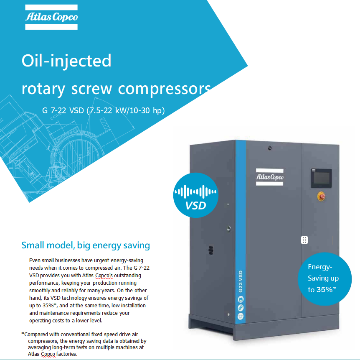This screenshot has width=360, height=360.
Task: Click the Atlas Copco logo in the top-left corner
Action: [x=51, y=17]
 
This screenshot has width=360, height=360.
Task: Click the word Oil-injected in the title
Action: [x=66, y=61]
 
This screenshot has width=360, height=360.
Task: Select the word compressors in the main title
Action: [x=165, y=89]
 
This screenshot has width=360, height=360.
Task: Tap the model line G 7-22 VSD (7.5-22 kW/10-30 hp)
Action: [x=103, y=110]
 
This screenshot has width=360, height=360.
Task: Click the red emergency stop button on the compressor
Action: [x=321, y=197]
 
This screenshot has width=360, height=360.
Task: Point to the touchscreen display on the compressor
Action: [x=321, y=178]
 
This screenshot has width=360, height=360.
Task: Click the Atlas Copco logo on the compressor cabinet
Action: [x=269, y=177]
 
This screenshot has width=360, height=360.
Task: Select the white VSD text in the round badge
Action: [x=195, y=206]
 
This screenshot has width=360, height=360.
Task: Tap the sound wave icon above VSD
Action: [x=195, y=191]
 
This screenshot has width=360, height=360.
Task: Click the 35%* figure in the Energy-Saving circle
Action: [x=326, y=290]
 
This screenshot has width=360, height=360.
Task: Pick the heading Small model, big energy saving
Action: [x=86, y=245]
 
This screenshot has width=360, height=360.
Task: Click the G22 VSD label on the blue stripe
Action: [x=241, y=282]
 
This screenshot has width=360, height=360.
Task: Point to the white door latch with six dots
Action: [x=304, y=240]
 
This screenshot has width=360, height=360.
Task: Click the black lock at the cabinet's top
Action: [x=270, y=148]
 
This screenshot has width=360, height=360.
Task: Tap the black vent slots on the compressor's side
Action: [x=211, y=250]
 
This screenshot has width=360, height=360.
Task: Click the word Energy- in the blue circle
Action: [x=320, y=267]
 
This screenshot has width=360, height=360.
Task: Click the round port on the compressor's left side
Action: [x=229, y=228]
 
